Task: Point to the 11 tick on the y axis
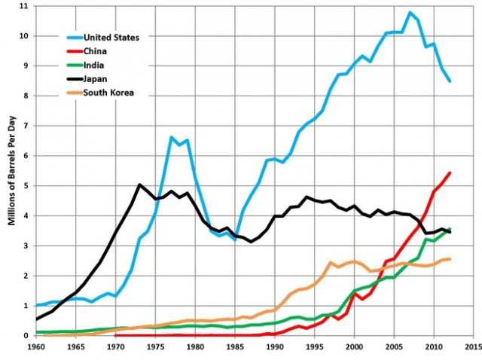pos(25,6)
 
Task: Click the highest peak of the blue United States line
pos(410,12)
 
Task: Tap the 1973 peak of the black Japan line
pos(140,185)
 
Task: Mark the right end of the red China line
pos(450,172)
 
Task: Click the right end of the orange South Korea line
pos(450,259)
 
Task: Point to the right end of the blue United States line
pos(450,81)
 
